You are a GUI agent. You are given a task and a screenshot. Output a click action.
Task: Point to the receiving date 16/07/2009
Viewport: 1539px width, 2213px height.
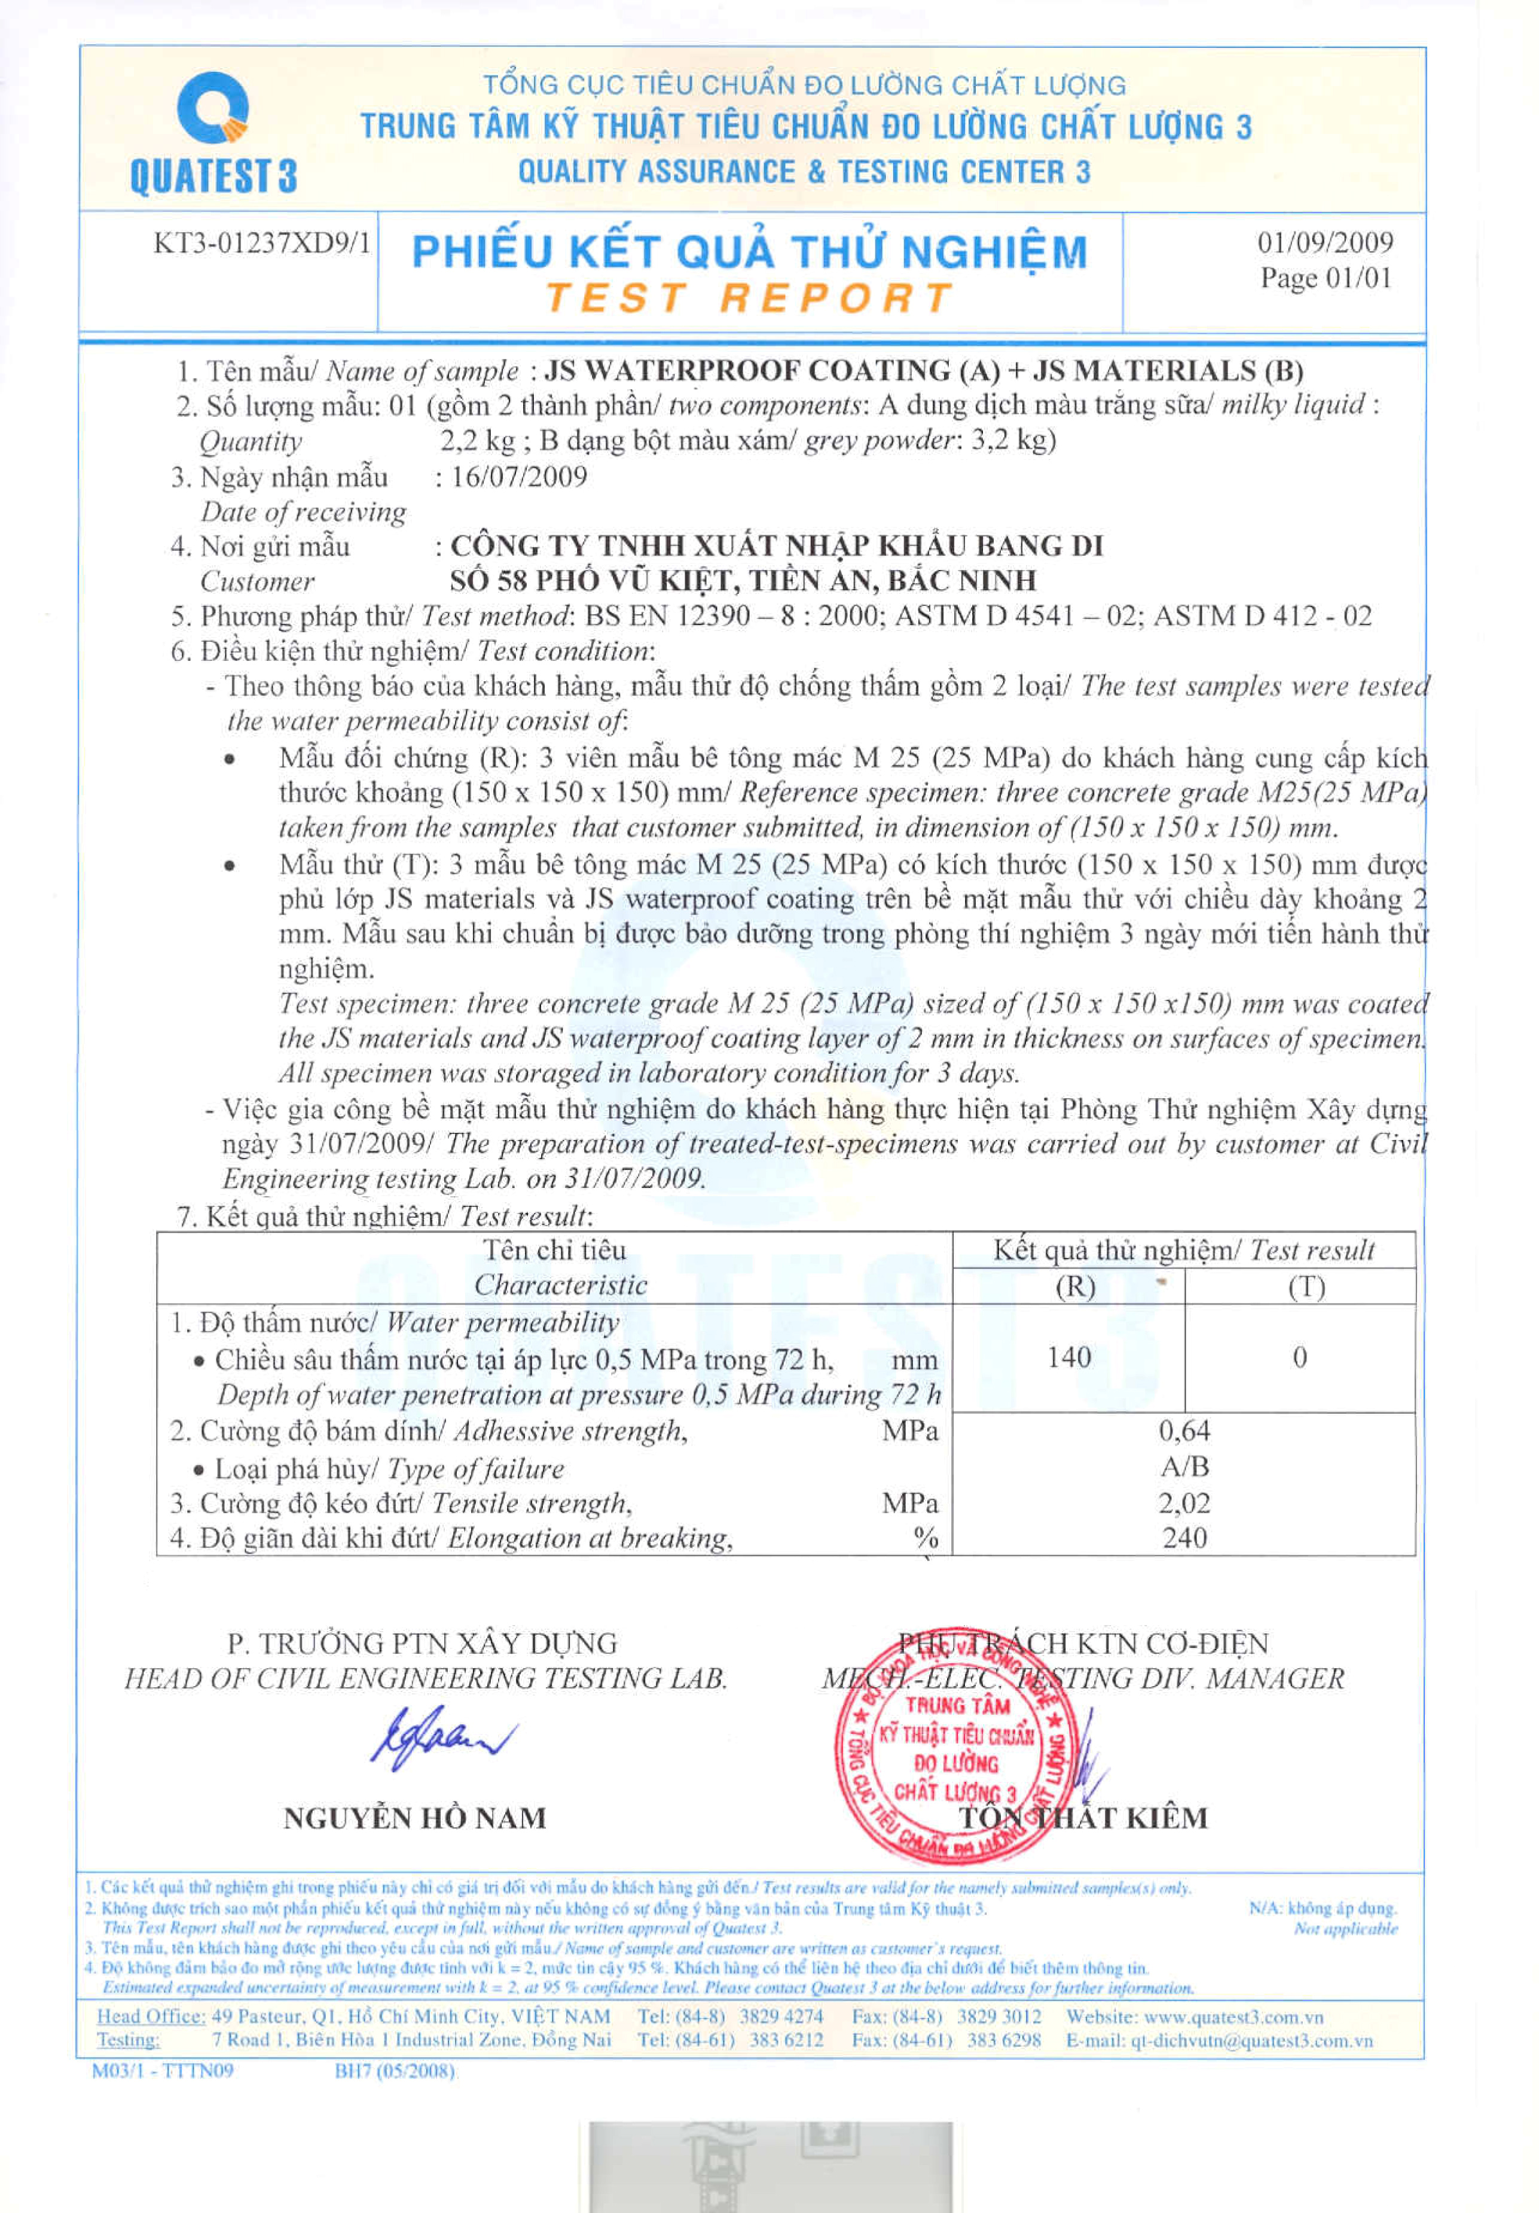pos(518,476)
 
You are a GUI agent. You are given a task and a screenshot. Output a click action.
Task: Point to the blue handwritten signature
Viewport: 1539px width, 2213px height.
pos(441,1739)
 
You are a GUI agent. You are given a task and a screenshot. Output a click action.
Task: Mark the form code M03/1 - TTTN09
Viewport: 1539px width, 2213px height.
pos(162,2070)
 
